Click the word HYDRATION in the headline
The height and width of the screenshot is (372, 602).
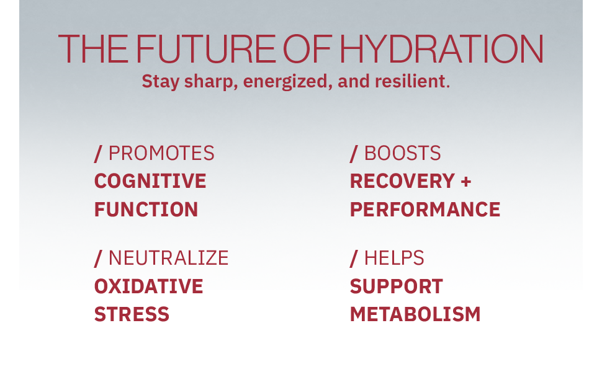pyautogui.click(x=441, y=49)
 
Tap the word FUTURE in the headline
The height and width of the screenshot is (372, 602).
pyautogui.click(x=205, y=49)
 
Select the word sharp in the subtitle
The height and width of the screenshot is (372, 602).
pyautogui.click(x=208, y=82)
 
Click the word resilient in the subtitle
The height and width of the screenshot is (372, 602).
pyautogui.click(x=412, y=81)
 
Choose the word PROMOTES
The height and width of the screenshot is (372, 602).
pyautogui.click(x=161, y=153)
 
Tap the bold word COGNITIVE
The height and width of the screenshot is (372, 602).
pyautogui.click(x=150, y=181)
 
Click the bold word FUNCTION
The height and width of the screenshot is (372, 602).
pyautogui.click(x=146, y=210)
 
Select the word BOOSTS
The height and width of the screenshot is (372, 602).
pyautogui.click(x=402, y=153)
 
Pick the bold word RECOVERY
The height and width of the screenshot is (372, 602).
pyautogui.click(x=402, y=181)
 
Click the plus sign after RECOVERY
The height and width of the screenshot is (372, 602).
pyautogui.click(x=466, y=182)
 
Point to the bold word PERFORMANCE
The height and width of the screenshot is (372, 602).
pyautogui.click(x=425, y=210)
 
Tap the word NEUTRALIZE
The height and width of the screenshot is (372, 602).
pyautogui.click(x=169, y=258)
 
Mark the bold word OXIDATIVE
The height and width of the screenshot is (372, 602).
pyautogui.click(x=148, y=286)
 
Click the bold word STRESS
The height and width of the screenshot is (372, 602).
pyautogui.click(x=132, y=314)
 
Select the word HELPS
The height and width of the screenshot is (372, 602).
pyautogui.click(x=394, y=258)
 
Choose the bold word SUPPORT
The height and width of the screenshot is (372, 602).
pyautogui.click(x=396, y=286)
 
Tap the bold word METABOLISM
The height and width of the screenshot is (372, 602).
pyautogui.click(x=415, y=314)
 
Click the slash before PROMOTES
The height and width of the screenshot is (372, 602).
pyautogui.click(x=98, y=154)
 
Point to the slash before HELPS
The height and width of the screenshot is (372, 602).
pyautogui.click(x=354, y=259)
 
